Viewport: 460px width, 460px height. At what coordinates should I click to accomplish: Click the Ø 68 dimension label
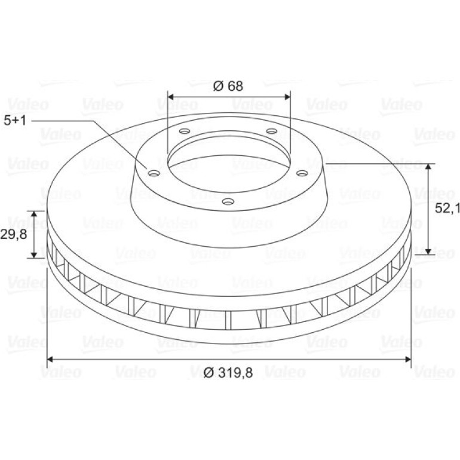228,86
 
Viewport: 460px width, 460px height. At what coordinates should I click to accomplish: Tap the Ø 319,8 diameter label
228,373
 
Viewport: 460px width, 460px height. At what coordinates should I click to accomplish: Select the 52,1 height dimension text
447,208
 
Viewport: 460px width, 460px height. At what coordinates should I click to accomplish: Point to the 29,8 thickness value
14,234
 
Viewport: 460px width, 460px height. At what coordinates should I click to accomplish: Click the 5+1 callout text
15,121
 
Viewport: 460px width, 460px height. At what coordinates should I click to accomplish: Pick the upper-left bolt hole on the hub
185,131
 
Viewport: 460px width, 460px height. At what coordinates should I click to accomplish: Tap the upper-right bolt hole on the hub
271,131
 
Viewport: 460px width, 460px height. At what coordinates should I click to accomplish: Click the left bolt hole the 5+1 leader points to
154,173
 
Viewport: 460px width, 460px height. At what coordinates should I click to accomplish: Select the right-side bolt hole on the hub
302,173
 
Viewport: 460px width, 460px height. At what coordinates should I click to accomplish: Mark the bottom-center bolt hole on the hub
228,201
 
